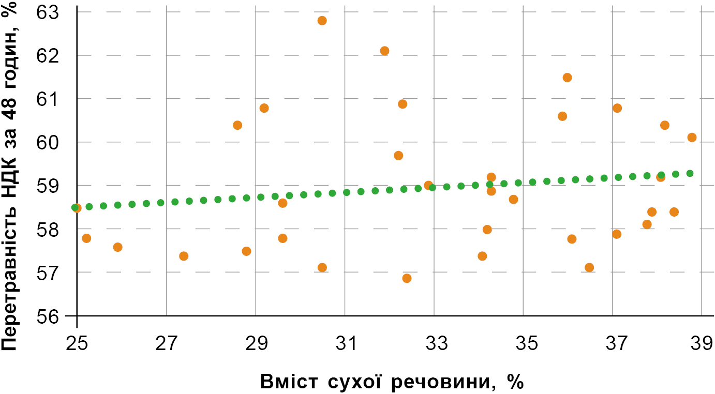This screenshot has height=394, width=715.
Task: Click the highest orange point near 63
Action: point(322,21)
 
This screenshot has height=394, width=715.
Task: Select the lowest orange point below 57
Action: point(407,278)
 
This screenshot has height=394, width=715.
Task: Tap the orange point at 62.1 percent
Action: point(384,51)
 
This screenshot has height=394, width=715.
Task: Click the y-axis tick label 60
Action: point(48,142)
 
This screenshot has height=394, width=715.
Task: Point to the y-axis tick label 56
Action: point(48,316)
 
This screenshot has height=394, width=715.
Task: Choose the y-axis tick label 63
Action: point(48,13)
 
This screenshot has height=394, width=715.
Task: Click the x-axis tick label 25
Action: point(77,344)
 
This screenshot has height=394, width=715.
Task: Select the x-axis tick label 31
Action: point(345,344)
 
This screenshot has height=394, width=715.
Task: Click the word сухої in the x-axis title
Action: point(354,382)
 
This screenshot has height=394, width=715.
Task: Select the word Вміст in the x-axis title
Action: point(289,382)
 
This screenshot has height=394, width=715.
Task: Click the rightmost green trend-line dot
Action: point(690,174)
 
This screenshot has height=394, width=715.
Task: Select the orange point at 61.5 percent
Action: point(567,78)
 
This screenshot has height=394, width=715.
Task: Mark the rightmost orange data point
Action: point(692,138)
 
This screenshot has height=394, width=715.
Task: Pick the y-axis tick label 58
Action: point(48,230)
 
